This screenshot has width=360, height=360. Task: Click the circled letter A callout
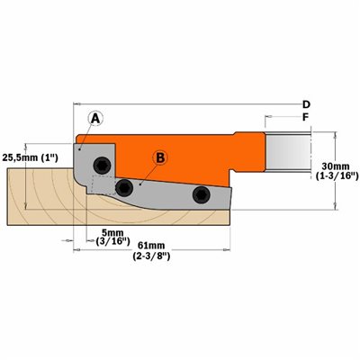(x=95, y=119)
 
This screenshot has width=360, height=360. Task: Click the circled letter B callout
(x=160, y=157)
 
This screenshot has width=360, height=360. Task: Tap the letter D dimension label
(x=306, y=104)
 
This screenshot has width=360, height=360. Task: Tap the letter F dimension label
(x=306, y=117)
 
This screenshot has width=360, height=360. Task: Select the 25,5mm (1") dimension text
(x=30, y=157)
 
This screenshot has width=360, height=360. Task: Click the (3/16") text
(x=112, y=241)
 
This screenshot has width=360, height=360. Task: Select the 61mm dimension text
(x=151, y=246)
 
